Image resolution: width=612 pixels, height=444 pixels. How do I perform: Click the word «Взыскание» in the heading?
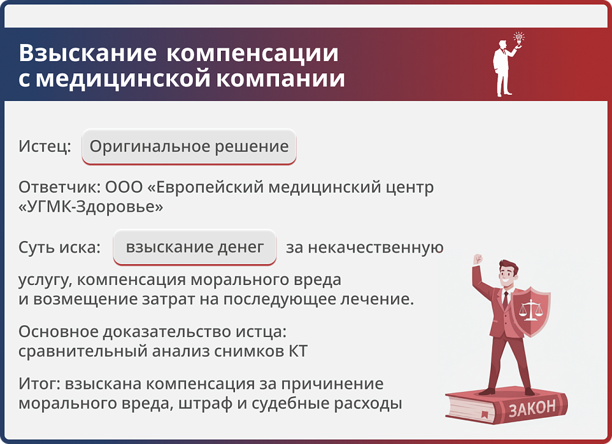pyautogui.click(x=88, y=53)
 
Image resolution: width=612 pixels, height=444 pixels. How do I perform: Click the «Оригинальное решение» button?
pyautogui.click(x=189, y=147)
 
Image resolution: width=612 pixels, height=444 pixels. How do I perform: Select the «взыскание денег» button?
pyautogui.click(x=195, y=247)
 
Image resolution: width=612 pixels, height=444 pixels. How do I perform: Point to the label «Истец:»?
pyautogui.click(x=45, y=147)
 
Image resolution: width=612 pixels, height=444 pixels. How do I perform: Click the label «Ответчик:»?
pyautogui.click(x=59, y=187)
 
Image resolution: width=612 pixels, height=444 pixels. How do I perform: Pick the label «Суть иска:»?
pyautogui.click(x=59, y=248)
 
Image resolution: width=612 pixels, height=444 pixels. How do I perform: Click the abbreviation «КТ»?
pyautogui.click(x=296, y=351)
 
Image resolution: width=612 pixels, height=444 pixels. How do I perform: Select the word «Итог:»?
pyautogui.click(x=40, y=384)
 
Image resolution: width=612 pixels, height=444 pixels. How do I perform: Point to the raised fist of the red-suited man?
pyautogui.click(x=477, y=259)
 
